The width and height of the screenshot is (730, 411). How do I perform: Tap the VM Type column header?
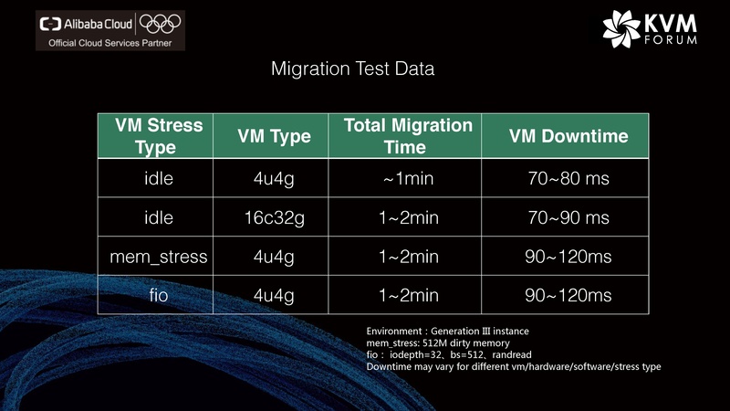coord(274,137)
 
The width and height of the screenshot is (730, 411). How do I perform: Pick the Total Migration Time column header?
coord(408,136)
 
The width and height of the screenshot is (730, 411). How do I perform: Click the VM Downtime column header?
coord(568,137)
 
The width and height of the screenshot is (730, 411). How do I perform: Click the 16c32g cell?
coord(274,217)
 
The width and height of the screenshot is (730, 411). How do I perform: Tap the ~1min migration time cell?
coord(408,178)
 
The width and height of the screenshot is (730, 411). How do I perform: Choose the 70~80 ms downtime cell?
coord(568,178)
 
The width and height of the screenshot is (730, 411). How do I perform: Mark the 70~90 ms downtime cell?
coord(568,217)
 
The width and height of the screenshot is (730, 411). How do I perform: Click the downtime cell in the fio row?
coord(568,296)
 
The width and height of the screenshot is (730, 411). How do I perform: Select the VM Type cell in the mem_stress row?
coord(274,257)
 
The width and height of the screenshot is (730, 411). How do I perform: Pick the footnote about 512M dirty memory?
coord(427,342)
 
